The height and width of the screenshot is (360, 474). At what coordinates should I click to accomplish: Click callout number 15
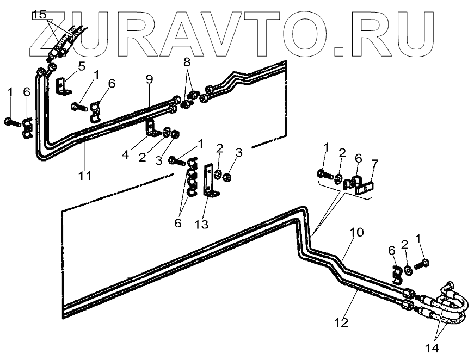click(x=39, y=15)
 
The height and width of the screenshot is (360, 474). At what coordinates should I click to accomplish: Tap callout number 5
click(x=81, y=67)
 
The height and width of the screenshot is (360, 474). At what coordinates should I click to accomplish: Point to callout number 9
click(x=149, y=79)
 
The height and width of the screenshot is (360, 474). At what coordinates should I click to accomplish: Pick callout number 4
click(x=125, y=154)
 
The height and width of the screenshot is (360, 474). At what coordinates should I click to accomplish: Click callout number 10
click(x=355, y=233)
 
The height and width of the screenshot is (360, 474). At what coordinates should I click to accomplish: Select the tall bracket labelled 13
click(x=209, y=179)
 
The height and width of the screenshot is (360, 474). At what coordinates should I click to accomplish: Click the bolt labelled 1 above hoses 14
click(x=422, y=264)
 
